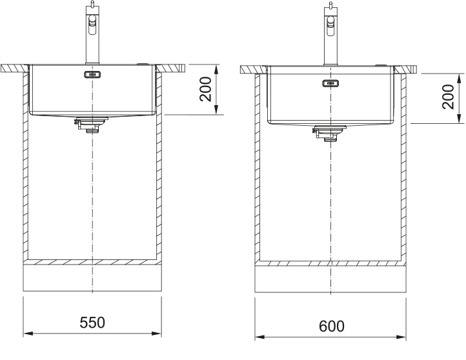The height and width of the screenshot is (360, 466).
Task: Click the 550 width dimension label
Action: pyautogui.click(x=92, y=323)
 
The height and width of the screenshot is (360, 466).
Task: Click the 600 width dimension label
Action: pyautogui.click(x=332, y=326)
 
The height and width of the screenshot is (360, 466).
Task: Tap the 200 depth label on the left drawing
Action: pyautogui.click(x=205, y=90)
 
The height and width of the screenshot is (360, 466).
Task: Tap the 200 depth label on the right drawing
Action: pyautogui.click(x=448, y=97)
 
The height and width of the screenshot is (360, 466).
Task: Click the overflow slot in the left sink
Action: pyautogui.click(x=93, y=74)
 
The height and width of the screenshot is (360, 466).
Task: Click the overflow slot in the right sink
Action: pyautogui.click(x=330, y=83)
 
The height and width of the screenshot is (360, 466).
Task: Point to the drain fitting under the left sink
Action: pyautogui.click(x=91, y=125)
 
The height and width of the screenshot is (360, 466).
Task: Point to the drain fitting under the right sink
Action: pyautogui.click(x=329, y=133)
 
